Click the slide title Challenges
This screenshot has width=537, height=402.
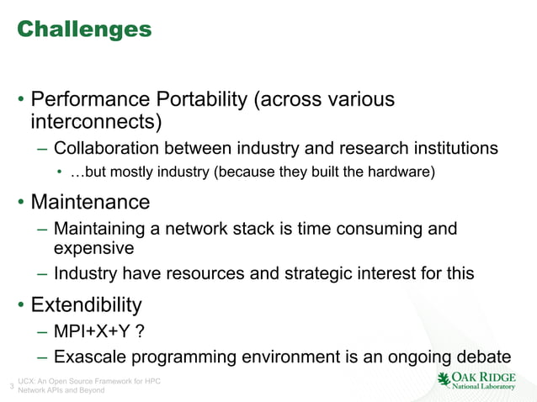pyautogui.click(x=84, y=29)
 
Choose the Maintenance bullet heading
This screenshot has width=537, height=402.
pyautogui.click(x=91, y=202)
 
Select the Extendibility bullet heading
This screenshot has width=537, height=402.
pyautogui.click(x=87, y=304)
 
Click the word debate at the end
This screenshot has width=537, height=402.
pyautogui.click(x=483, y=356)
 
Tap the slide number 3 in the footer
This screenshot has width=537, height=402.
pyautogui.click(x=10, y=387)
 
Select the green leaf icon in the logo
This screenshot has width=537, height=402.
pyautogui.click(x=444, y=380)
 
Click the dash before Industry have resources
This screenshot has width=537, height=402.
pyautogui.click(x=42, y=273)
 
